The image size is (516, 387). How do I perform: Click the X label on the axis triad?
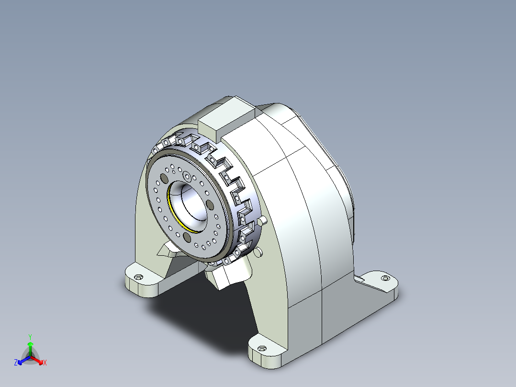point(45,363)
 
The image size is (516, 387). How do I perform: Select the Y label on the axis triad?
point(30,336)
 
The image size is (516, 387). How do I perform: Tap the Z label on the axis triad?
point(16,363)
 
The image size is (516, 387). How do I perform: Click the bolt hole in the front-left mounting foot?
point(139,277)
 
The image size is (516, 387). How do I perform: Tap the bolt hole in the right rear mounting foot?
point(385,278)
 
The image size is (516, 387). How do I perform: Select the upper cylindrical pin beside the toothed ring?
point(263,221)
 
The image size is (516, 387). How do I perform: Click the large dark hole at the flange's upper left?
point(164,179)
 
